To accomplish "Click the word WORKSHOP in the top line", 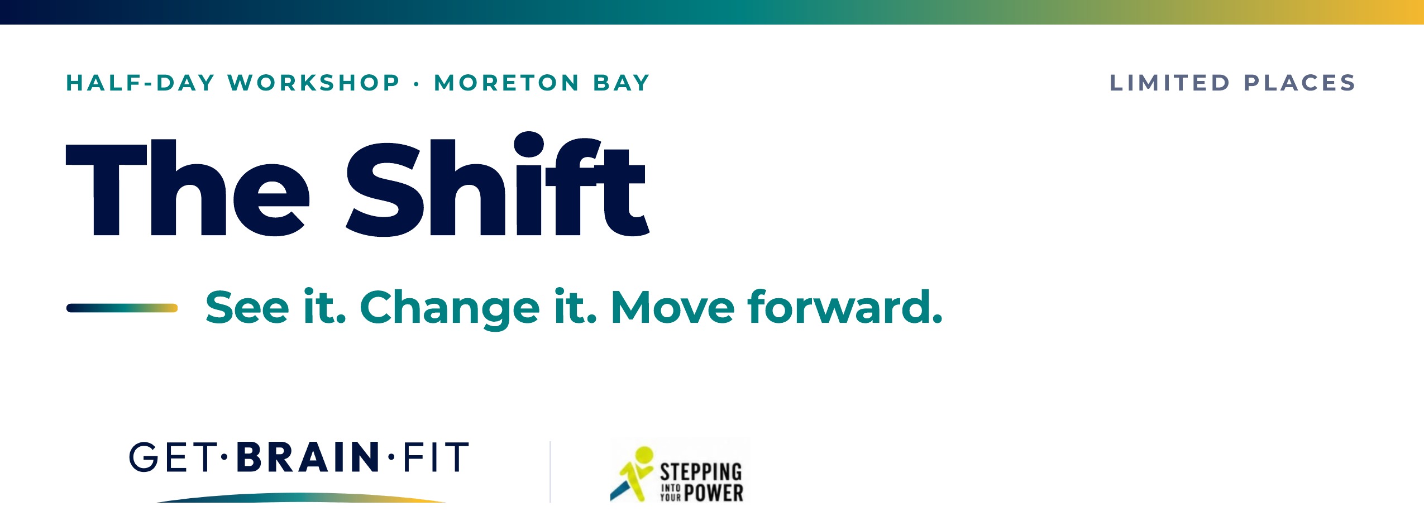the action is pos(314,83).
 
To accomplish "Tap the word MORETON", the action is pos(507,83).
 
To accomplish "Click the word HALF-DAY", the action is pos(141,83).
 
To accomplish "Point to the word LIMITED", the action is pos(1170,83).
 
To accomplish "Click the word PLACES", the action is pos(1299,83).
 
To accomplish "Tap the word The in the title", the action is pos(188,188).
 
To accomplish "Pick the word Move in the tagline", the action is pos(673,307).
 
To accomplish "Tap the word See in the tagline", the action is pos(247,307).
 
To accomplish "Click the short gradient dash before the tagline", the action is pos(122,308).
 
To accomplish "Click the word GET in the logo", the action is pos(173,457).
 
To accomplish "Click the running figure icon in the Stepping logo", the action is pos(633,474).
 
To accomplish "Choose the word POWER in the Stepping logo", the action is pos(714,493).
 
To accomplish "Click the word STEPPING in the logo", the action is pos(701,472).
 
